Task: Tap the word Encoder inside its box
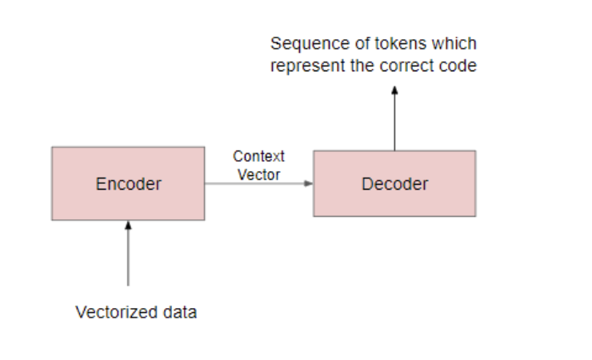pyautogui.click(x=128, y=184)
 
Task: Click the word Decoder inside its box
pyautogui.click(x=394, y=184)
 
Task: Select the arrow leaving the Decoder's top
pyautogui.click(x=394, y=120)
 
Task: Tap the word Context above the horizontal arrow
pyautogui.click(x=258, y=156)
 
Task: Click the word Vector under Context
pyautogui.click(x=258, y=174)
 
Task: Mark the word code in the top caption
pyautogui.click(x=459, y=66)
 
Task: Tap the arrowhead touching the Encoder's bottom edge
pyautogui.click(x=128, y=226)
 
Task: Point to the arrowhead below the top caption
pyautogui.click(x=394, y=90)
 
